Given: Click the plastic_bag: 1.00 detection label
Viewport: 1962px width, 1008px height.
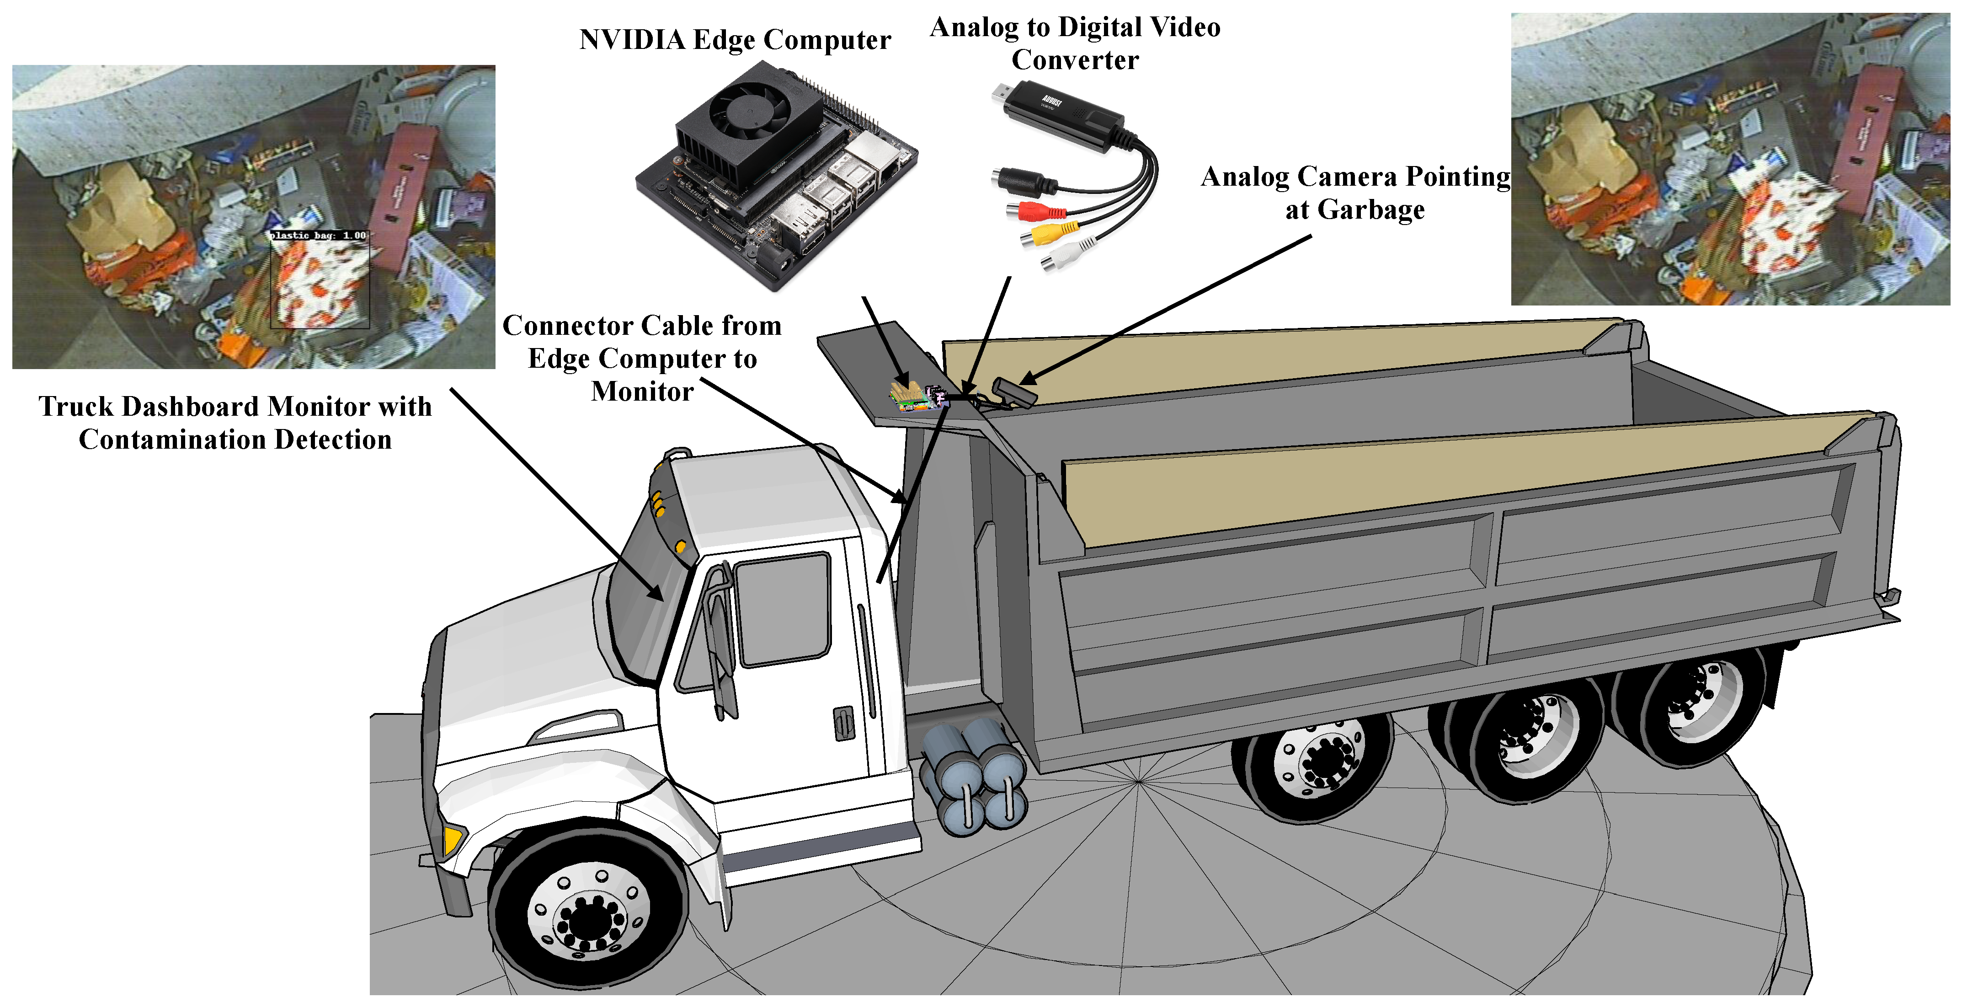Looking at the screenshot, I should coord(318,236).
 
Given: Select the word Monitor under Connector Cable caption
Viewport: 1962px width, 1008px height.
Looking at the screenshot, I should coord(642,391).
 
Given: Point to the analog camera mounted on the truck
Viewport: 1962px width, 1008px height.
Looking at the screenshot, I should coord(1013,392).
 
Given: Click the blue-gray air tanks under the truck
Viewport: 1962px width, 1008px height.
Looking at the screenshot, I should coord(971,777).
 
